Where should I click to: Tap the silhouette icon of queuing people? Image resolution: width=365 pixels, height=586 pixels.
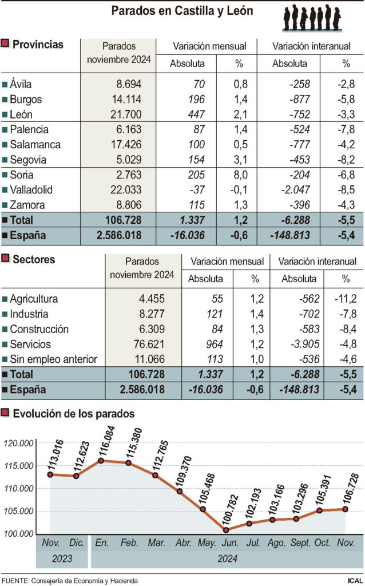pyautogui.click(x=312, y=17)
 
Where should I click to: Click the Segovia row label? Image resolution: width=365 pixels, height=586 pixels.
pyautogui.click(x=28, y=160)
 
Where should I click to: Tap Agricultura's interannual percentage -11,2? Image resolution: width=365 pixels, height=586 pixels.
pyautogui.click(x=346, y=299)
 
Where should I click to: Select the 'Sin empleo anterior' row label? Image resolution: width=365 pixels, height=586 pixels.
pyautogui.click(x=54, y=359)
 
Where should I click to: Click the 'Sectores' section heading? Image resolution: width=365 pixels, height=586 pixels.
pyautogui.click(x=34, y=260)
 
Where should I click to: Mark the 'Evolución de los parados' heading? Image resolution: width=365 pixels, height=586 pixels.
pyautogui.click(x=74, y=413)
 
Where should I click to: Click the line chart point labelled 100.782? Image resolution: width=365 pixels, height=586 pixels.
pyautogui.click(x=225, y=530)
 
